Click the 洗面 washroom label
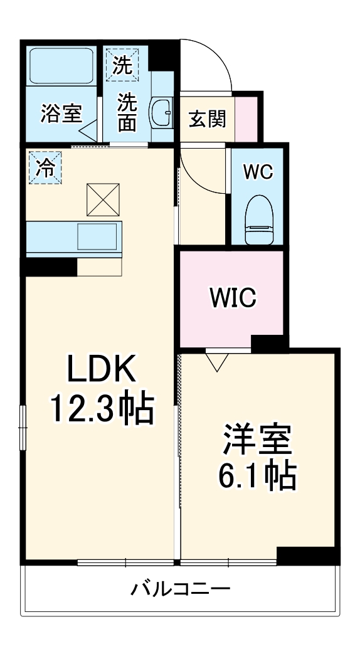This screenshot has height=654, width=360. click(128, 112)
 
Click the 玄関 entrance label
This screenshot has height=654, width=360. click(208, 117)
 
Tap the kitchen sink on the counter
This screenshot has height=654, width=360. click(99, 237)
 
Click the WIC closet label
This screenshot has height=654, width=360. click(233, 297)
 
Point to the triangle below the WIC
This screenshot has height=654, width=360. click(217, 362)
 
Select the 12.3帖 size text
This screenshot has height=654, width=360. click(102, 411)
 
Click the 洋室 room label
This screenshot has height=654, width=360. click(258, 441)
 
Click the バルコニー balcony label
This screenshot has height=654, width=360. click(181, 589)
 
